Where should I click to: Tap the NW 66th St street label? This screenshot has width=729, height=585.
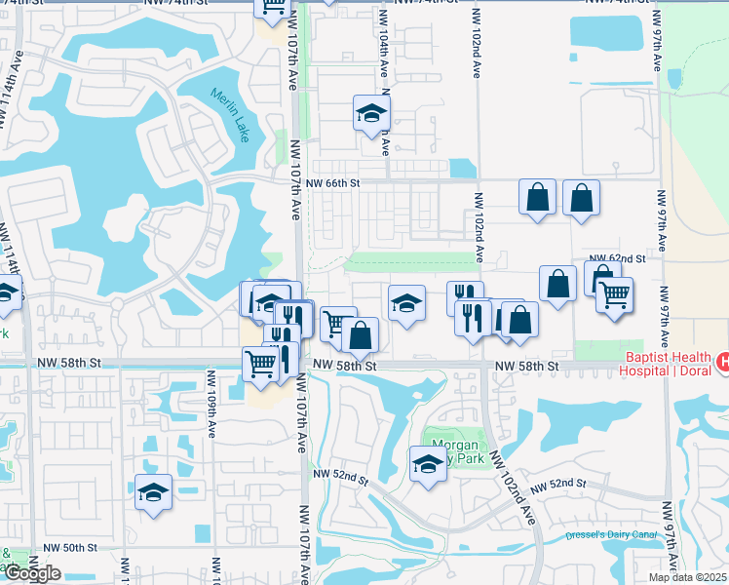pyautogui.click(x=332, y=181)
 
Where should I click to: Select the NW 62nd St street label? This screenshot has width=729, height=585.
pyautogui.click(x=625, y=258)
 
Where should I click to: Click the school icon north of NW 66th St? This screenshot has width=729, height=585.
pyautogui.click(x=371, y=115)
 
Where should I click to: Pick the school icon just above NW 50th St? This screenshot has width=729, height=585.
pyautogui.click(x=153, y=493)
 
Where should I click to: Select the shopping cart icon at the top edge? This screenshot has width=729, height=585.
pyautogui.click(x=273, y=6)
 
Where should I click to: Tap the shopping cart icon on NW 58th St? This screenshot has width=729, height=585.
pyautogui.click(x=260, y=364)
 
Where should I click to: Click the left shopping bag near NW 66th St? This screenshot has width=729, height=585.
pyautogui.click(x=538, y=197)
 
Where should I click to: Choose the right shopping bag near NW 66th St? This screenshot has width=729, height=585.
pyautogui.click(x=581, y=197)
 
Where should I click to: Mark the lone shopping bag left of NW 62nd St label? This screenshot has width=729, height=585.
pyautogui.click(x=556, y=285)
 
